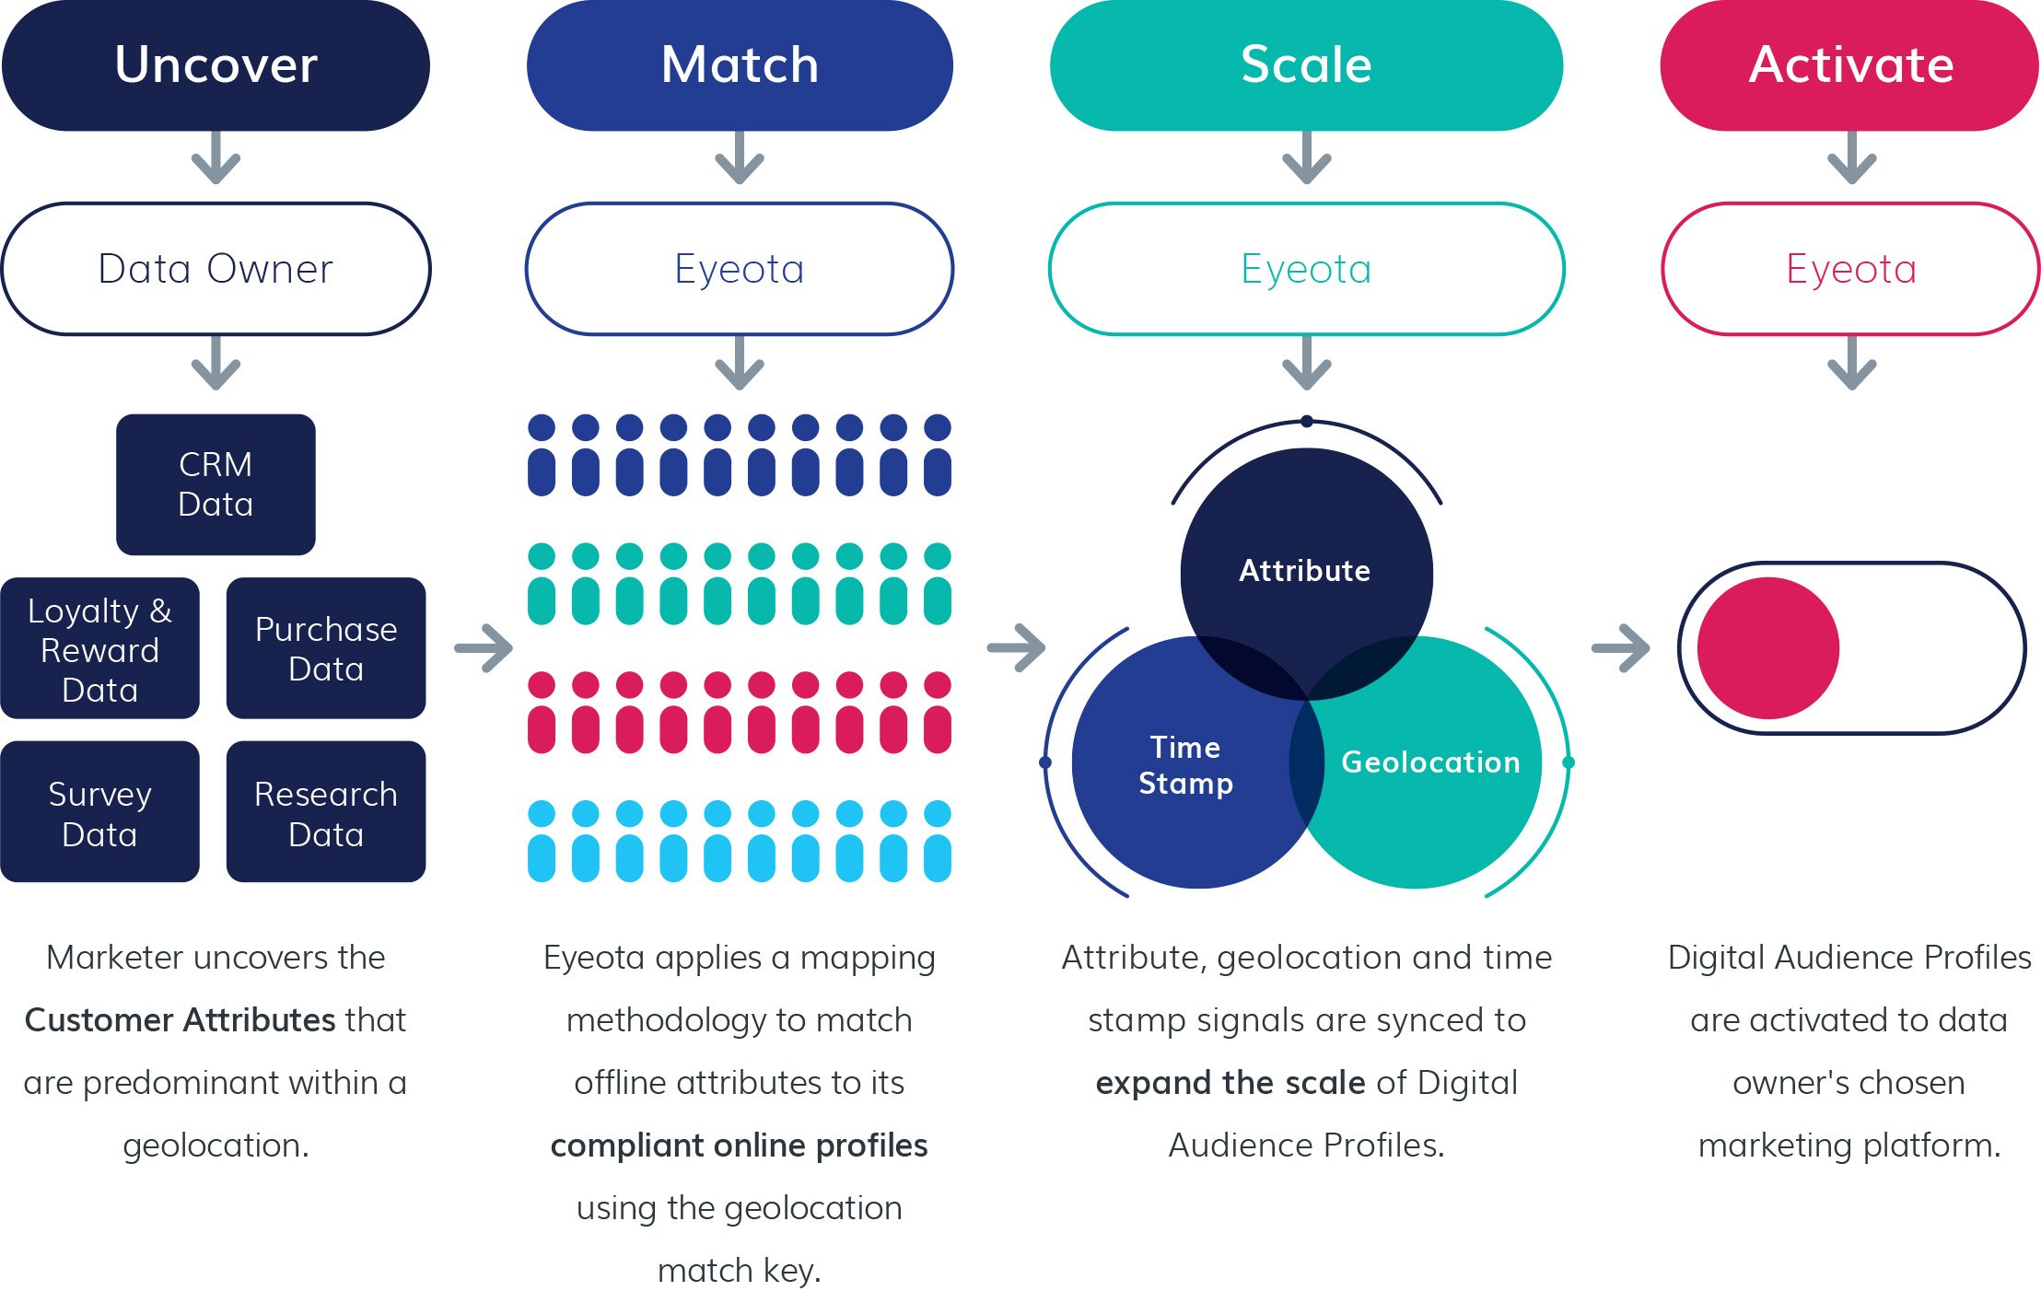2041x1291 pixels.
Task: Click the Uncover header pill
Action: coord(216,65)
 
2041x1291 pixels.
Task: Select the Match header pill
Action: coord(740,65)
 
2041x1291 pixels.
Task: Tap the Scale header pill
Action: coord(1306,65)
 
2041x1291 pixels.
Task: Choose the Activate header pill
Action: coord(1850,65)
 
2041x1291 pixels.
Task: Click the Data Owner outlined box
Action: coord(216,269)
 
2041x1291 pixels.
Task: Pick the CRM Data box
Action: coord(216,484)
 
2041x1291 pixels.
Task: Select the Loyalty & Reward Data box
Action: coord(99,648)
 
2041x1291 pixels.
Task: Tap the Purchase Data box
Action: coord(326,648)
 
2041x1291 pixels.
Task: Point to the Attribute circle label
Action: coord(1304,571)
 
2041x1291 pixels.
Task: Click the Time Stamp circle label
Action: coord(1185,764)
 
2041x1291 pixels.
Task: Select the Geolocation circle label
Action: coord(1430,762)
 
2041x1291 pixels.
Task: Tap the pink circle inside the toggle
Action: coord(1767,648)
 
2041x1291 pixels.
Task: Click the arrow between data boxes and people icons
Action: coord(484,648)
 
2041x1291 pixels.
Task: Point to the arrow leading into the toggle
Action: coord(1621,648)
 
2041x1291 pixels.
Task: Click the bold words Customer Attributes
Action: coord(180,1020)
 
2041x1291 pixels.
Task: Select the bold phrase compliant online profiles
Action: coord(739,1146)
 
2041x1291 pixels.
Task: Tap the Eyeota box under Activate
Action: coord(1850,269)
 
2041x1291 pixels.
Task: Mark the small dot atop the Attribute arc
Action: coord(1307,422)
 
